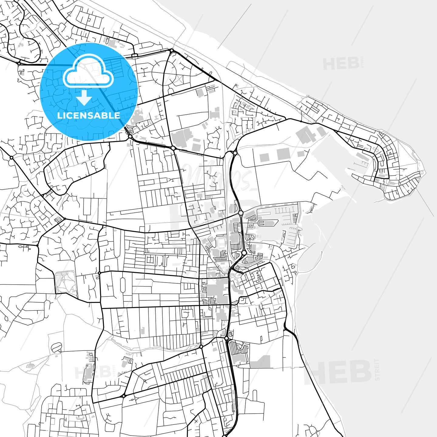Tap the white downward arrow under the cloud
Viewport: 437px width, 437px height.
click(x=84, y=98)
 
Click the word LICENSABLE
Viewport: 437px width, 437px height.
click(x=89, y=115)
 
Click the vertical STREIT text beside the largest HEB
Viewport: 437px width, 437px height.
click(x=377, y=370)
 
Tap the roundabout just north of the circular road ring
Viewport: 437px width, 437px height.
click(x=171, y=50)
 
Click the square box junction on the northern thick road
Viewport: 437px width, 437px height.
click(x=135, y=56)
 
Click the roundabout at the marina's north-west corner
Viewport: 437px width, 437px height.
click(x=241, y=213)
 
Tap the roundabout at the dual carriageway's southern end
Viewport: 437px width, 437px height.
click(x=226, y=338)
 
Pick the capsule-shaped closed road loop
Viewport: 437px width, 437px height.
click(x=123, y=285)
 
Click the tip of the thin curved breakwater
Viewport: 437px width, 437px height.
click(x=321, y=252)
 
